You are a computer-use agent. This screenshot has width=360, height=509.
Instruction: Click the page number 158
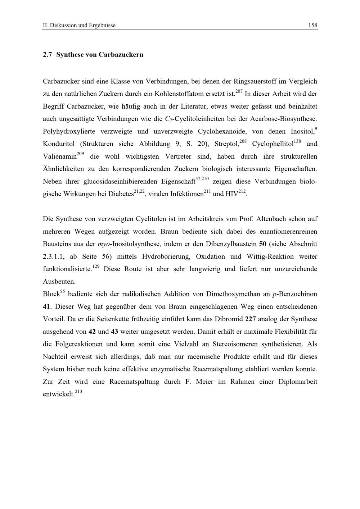pyautogui.click(x=312, y=25)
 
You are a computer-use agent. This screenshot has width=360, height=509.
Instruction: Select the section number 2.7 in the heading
pyautogui.click(x=48, y=55)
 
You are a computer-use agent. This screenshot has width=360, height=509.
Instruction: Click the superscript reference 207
pyautogui.click(x=239, y=92)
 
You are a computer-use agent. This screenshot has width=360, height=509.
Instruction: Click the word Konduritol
pyautogui.click(x=59, y=144)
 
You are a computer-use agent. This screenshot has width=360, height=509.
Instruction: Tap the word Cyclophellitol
pyautogui.click(x=273, y=144)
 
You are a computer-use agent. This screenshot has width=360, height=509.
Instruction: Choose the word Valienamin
pyautogui.click(x=60, y=156)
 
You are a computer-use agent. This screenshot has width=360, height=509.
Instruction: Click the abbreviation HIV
pyautogui.click(x=232, y=194)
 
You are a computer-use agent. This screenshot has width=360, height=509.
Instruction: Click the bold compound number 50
pyautogui.click(x=262, y=244)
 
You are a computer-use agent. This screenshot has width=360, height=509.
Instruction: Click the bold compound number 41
pyautogui.click(x=47, y=306)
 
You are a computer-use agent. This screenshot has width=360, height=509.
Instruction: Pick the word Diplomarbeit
pyautogui.click(x=298, y=382)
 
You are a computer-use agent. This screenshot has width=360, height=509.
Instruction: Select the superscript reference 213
pyautogui.click(x=78, y=392)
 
